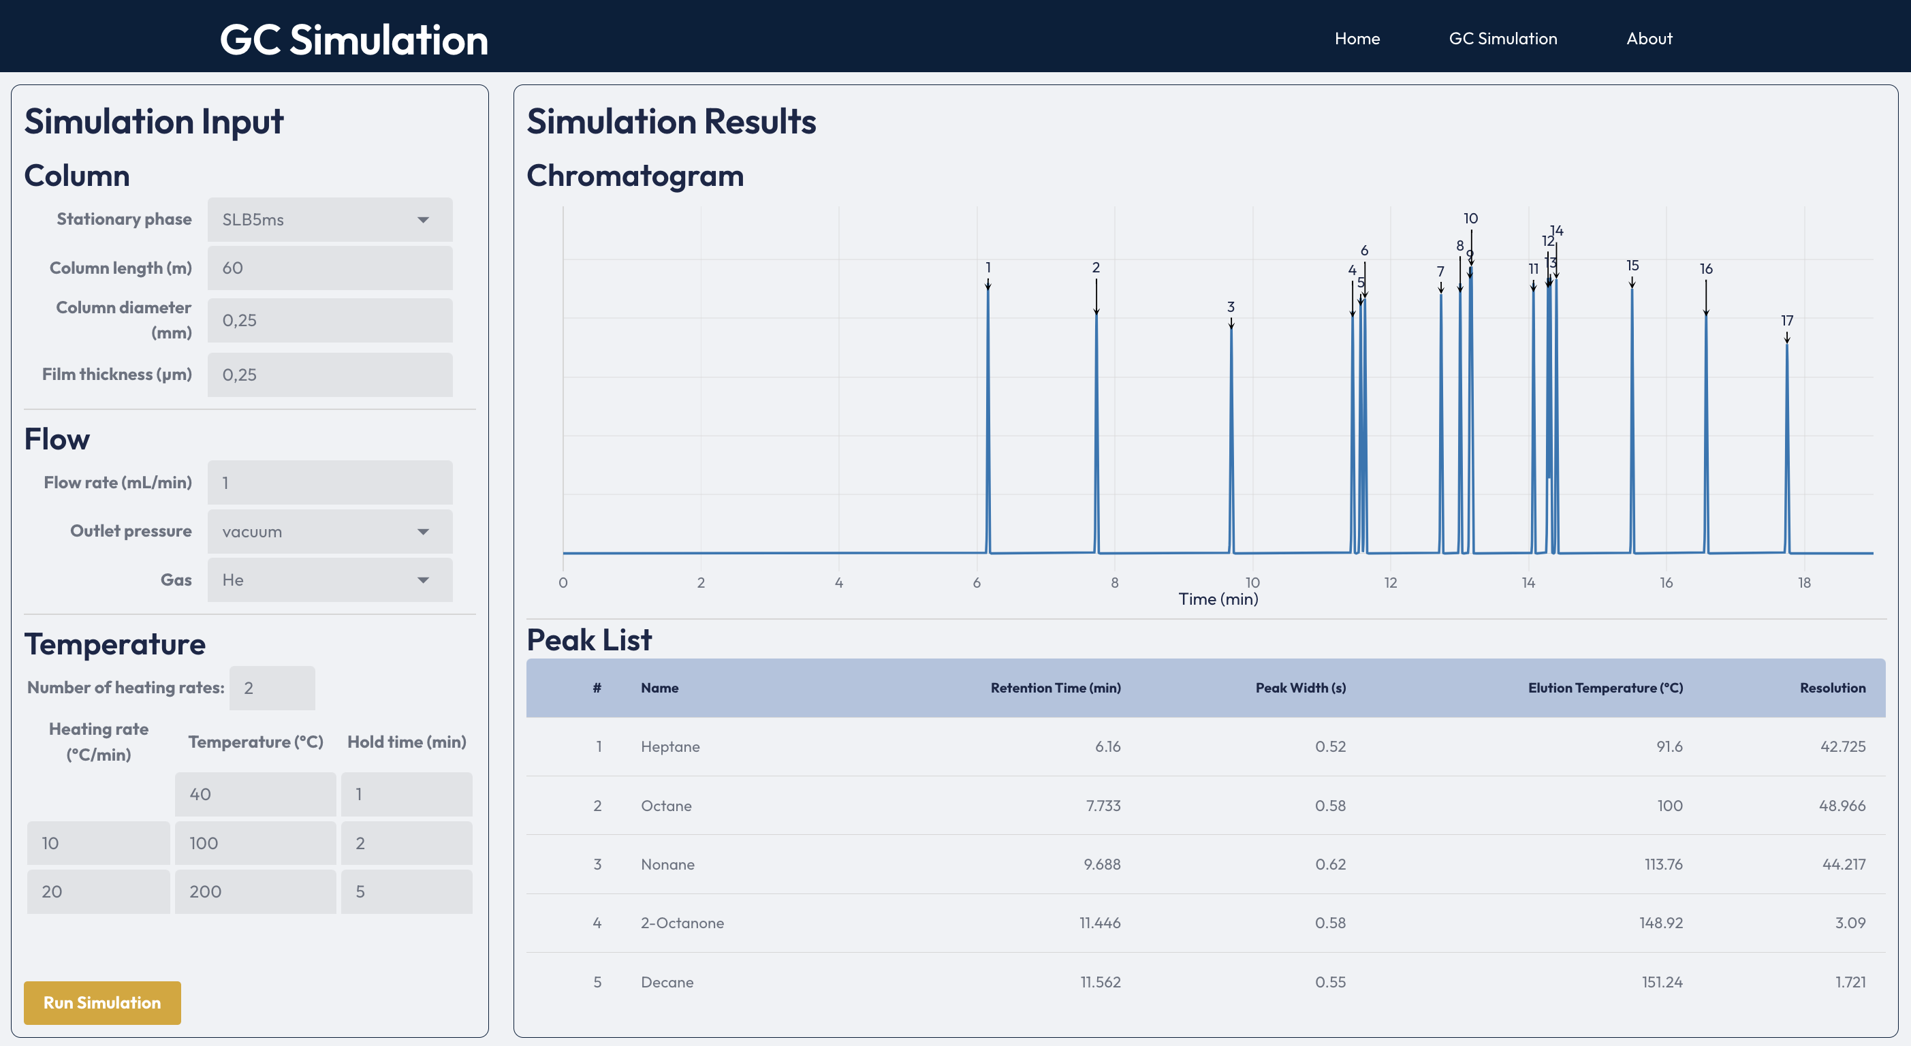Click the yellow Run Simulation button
[x=102, y=1002]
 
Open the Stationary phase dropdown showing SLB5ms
[x=330, y=219]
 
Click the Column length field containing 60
[x=330, y=268]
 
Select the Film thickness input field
[x=330, y=375]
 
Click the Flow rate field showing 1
[x=330, y=483]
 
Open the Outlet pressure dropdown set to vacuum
[x=330, y=532]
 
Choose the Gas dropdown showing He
[x=330, y=580]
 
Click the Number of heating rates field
[x=272, y=688]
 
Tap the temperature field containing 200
[x=255, y=891]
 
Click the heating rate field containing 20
[x=98, y=891]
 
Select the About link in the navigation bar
[x=1648, y=39]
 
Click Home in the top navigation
[x=1357, y=39]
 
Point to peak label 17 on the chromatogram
[x=1786, y=321]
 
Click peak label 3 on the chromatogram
[x=1230, y=306]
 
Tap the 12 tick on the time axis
[x=1390, y=583]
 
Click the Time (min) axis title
[x=1218, y=599]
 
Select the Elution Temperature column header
[x=1605, y=688]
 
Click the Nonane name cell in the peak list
[x=667, y=864]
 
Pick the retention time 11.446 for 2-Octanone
[x=1099, y=923]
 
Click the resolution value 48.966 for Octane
[x=1842, y=806]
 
